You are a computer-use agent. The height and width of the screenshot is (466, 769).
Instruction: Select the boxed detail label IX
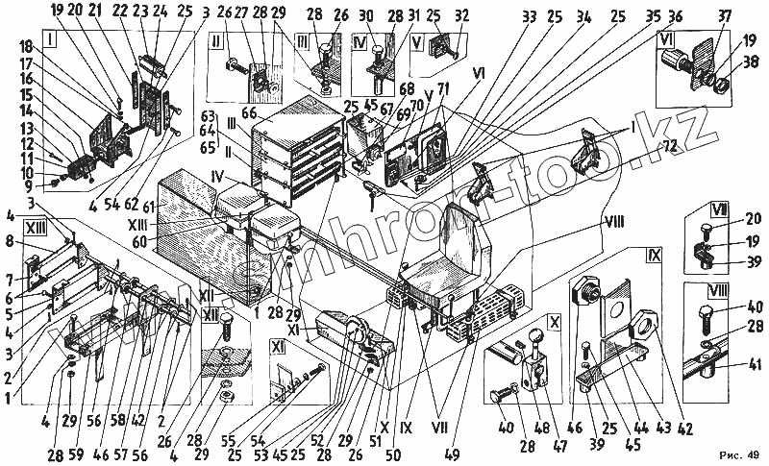[x=654, y=257]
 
